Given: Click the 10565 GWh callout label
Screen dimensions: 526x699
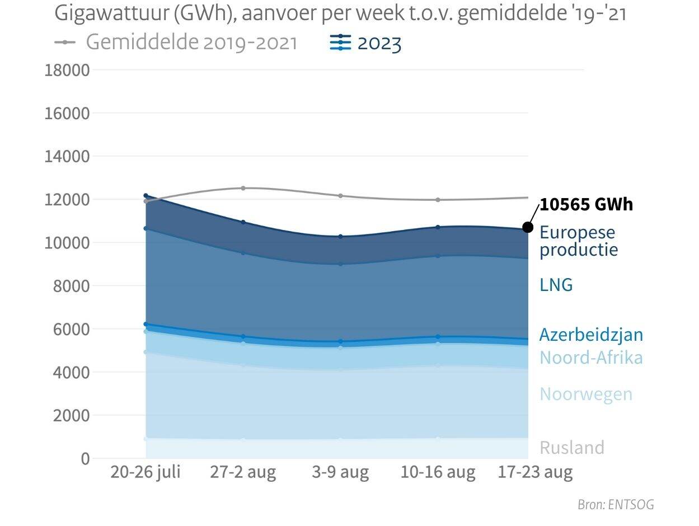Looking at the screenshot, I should click(x=586, y=205).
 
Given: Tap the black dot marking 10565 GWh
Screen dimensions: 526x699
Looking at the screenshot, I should click(x=528, y=227).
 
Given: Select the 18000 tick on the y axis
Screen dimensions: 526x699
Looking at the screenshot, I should click(x=67, y=70).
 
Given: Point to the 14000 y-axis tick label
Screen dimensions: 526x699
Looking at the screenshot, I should click(x=67, y=156).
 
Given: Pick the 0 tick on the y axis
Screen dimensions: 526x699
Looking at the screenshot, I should click(x=85, y=458).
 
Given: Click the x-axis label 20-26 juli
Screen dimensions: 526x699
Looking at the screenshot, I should click(x=146, y=472).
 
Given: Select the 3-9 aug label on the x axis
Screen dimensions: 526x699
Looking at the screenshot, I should click(x=340, y=472).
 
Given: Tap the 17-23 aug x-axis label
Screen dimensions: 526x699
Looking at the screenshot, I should click(x=535, y=472).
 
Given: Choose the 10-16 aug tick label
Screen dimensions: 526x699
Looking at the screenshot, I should click(x=438, y=472).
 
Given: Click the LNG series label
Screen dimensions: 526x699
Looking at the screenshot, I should click(x=556, y=285).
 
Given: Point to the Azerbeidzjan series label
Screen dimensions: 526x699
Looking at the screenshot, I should click(x=591, y=335).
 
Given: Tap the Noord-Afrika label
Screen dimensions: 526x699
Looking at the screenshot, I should click(x=591, y=358).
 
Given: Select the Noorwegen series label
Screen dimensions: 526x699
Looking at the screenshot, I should click(x=586, y=394).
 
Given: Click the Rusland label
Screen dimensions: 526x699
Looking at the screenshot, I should click(x=572, y=448).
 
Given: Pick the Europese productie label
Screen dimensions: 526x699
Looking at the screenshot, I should click(x=578, y=240).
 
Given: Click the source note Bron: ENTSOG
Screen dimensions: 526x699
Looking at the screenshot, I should click(x=616, y=505).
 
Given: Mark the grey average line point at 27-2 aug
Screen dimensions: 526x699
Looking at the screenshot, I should click(x=243, y=188).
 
